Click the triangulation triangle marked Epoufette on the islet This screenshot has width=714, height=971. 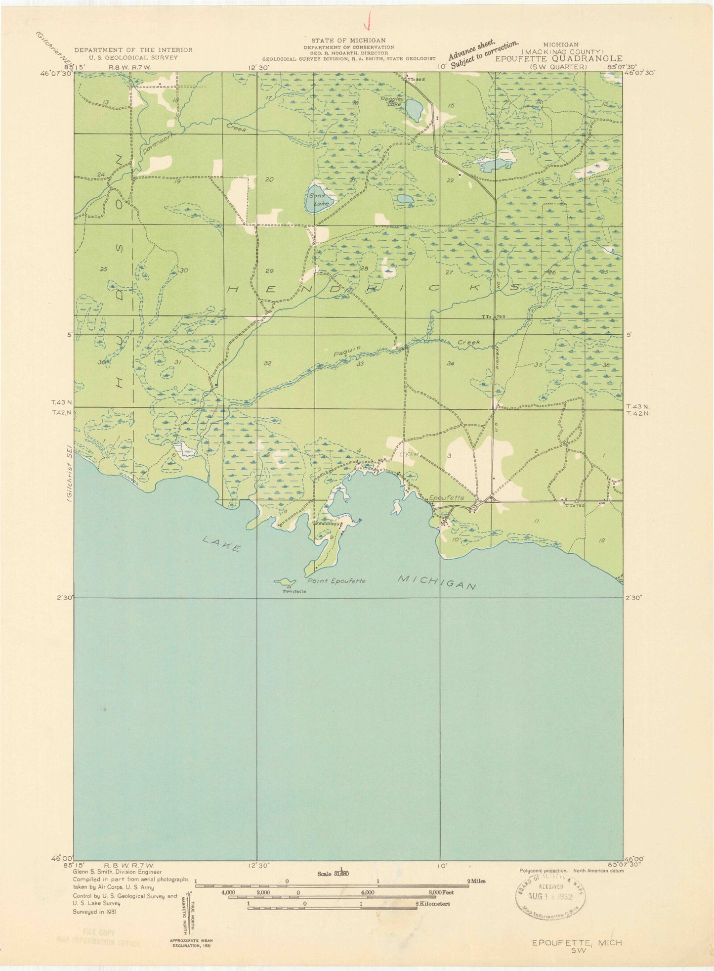(x=289, y=586)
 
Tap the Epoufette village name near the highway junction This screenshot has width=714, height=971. (x=447, y=498)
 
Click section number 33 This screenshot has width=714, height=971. (x=360, y=364)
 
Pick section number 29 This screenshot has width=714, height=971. (x=269, y=271)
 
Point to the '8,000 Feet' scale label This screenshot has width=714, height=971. (x=442, y=892)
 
